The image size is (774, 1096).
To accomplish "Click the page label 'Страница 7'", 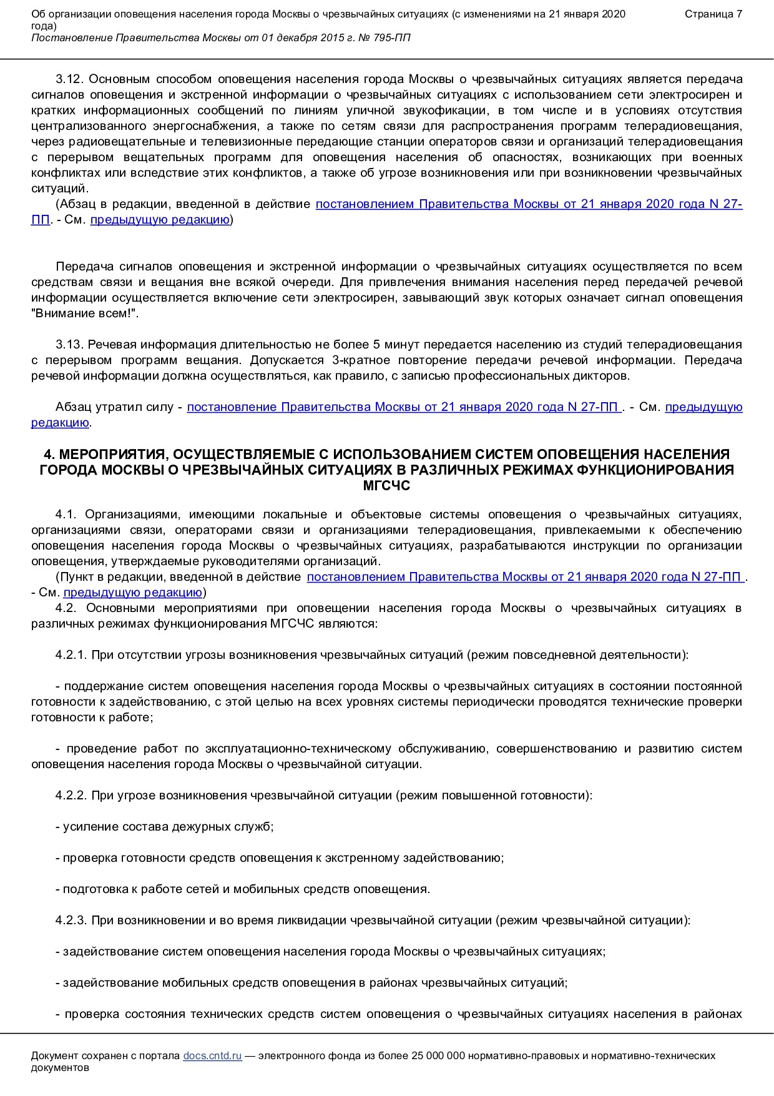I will coord(713,14).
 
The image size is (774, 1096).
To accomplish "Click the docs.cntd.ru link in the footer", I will coord(212,1055).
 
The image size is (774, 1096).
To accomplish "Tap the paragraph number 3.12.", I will coord(69,79).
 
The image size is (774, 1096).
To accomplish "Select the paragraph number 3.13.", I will coord(69,345).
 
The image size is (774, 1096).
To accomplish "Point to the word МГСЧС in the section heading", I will coord(386,485).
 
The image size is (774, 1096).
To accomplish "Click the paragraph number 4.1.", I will coord(66,515).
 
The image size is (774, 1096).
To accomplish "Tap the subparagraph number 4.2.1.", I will coord(71,655).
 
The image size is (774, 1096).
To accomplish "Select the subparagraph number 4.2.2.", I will coord(71,796).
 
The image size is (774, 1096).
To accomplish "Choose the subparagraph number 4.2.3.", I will coord(71,921).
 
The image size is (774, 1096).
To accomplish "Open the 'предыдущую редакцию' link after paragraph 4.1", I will coord(132,593).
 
